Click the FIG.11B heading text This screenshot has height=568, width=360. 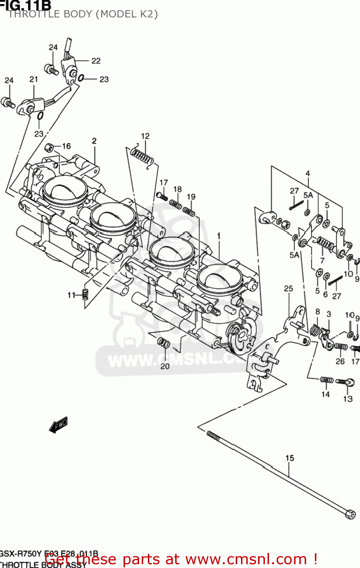[26, 5]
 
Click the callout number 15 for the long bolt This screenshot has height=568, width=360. [290, 458]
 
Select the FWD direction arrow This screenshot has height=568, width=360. [59, 425]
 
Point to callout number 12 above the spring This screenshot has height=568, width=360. [145, 136]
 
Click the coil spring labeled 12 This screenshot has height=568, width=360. [142, 157]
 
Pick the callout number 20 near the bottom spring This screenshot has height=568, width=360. [165, 366]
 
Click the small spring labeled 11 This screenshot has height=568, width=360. [85, 294]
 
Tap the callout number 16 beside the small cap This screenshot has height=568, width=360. [66, 146]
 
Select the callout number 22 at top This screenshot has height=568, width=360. [96, 61]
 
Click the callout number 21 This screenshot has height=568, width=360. [34, 79]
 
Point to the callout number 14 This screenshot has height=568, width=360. [326, 394]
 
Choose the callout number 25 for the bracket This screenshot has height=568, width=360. [288, 289]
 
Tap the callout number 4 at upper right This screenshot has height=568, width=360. [308, 173]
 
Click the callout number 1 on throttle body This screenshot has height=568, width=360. [219, 236]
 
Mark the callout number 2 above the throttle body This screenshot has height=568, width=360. [94, 141]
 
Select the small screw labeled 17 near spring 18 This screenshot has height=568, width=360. [162, 196]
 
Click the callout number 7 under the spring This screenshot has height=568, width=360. [322, 261]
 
